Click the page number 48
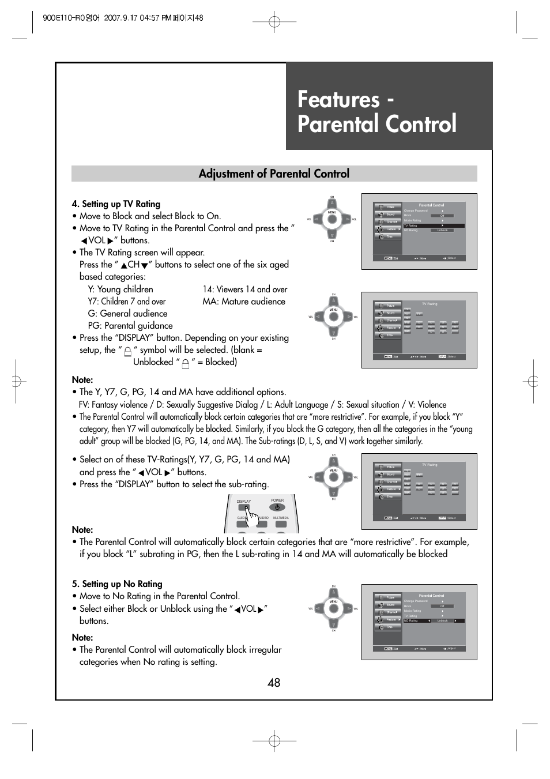coord(274,683)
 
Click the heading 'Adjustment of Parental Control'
coord(274,174)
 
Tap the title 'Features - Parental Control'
coord(377,112)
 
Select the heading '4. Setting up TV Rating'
coord(116,204)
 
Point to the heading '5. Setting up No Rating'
coord(117,584)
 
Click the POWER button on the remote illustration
coord(277,507)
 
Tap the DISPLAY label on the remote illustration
coord(244,502)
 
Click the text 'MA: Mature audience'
coord(243,301)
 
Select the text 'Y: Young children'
coord(120,289)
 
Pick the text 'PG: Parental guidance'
coord(130,325)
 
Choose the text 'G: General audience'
coord(127,313)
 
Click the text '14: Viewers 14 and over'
coord(244,289)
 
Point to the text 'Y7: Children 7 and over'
coord(126,301)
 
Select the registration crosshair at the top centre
coord(274,22)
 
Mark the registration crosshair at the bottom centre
coord(274,741)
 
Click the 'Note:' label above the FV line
coord(82,379)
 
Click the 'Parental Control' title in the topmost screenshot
coord(431,205)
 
